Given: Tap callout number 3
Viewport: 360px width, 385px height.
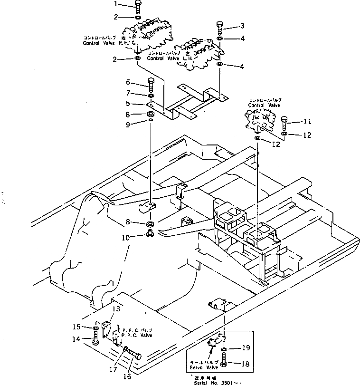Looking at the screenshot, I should tap(242, 25).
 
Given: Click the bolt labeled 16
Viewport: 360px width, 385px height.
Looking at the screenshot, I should tap(135, 354).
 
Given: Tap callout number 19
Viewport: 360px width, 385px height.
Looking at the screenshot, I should tap(246, 348).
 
